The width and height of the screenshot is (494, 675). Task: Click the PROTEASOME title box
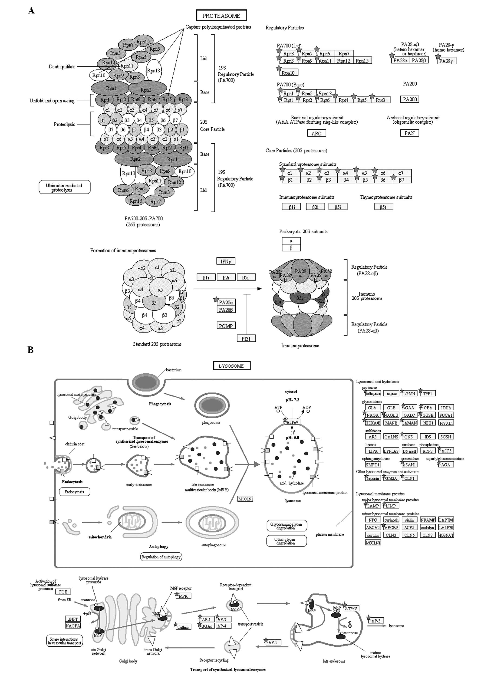point(221,16)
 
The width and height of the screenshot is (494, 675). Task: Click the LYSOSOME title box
point(231,365)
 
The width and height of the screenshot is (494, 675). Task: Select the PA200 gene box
point(409,99)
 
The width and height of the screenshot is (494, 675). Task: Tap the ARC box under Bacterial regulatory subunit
point(316,133)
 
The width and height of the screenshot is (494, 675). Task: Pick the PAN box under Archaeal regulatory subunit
point(409,133)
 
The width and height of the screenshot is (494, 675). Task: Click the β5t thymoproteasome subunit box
point(383,207)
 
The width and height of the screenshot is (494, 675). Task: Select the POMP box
point(226,326)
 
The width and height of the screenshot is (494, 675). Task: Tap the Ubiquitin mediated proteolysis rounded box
point(64,187)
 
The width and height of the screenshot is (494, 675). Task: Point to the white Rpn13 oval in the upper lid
point(154,71)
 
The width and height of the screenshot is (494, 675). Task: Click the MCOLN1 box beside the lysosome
point(245,499)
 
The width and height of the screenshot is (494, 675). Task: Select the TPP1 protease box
point(428,393)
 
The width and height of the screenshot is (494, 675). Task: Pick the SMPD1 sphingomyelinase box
point(373,464)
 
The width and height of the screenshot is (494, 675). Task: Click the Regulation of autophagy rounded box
point(161,557)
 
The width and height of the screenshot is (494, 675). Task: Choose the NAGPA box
point(73,626)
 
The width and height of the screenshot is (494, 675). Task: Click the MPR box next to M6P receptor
point(183,596)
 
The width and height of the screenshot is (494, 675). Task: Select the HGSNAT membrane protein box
point(446,535)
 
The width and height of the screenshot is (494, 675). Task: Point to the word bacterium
point(174,370)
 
